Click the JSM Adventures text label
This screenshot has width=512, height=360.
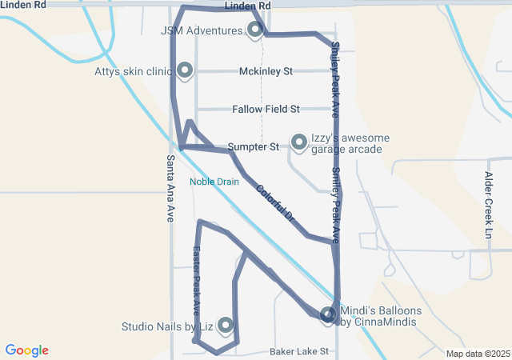pyautogui.click(x=201, y=31)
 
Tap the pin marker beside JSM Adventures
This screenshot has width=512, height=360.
pyautogui.click(x=255, y=30)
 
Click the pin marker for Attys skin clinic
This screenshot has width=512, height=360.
pyautogui.click(x=185, y=70)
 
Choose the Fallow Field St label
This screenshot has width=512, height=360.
pyautogui.click(x=266, y=109)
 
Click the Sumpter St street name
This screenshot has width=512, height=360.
pyautogui.click(x=253, y=147)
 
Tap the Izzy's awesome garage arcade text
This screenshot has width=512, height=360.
pyautogui.click(x=350, y=143)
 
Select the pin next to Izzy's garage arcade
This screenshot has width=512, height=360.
pyautogui.click(x=299, y=142)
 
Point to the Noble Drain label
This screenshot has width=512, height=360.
pyautogui.click(x=214, y=182)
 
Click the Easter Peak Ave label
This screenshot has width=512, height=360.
pyautogui.click(x=197, y=279)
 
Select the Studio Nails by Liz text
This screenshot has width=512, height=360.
pyautogui.click(x=166, y=326)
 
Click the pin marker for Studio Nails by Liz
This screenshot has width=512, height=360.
pyautogui.click(x=226, y=325)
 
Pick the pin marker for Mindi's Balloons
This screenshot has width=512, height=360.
pyautogui.click(x=328, y=315)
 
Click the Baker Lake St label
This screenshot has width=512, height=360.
pyautogui.click(x=299, y=351)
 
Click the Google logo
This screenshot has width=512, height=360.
pyautogui.click(x=26, y=350)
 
